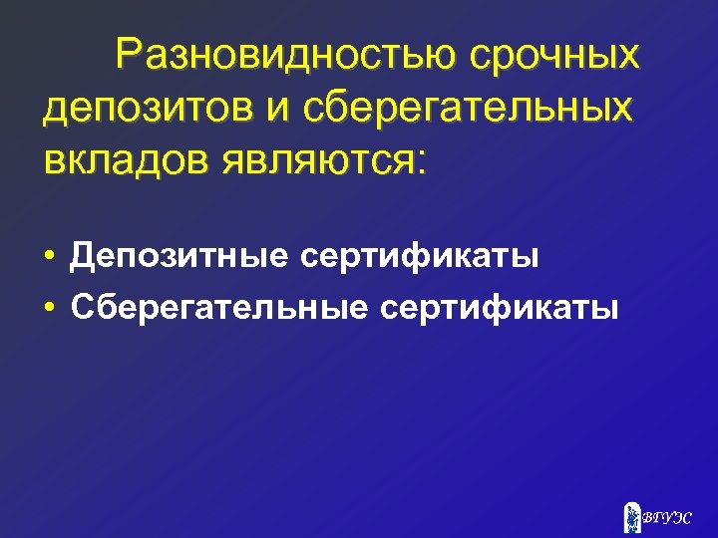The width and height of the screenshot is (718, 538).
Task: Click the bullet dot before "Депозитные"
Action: (49, 258)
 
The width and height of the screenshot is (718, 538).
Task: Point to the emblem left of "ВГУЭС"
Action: (631, 515)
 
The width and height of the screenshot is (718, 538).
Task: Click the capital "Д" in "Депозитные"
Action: (81, 257)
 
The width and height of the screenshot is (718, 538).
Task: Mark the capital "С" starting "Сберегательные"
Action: (82, 307)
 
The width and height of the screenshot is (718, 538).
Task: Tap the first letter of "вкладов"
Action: (54, 159)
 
